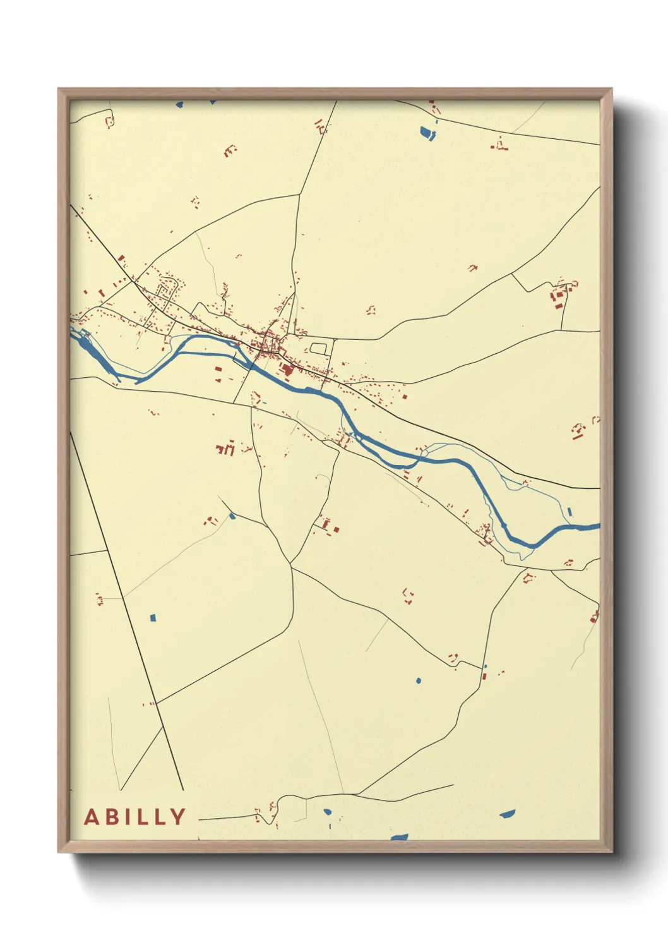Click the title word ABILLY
(x=135, y=817)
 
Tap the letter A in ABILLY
(x=92, y=817)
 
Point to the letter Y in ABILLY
(x=178, y=817)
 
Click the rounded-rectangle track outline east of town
(x=318, y=347)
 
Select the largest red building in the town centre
(x=287, y=370)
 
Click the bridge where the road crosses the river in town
(x=252, y=362)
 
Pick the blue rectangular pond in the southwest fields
(x=152, y=617)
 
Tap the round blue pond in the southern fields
(x=418, y=680)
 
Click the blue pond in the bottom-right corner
(x=507, y=814)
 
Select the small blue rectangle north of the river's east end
(x=570, y=512)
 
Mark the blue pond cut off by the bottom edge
(x=398, y=838)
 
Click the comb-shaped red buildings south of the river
(x=226, y=449)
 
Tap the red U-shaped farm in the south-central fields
(x=409, y=595)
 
